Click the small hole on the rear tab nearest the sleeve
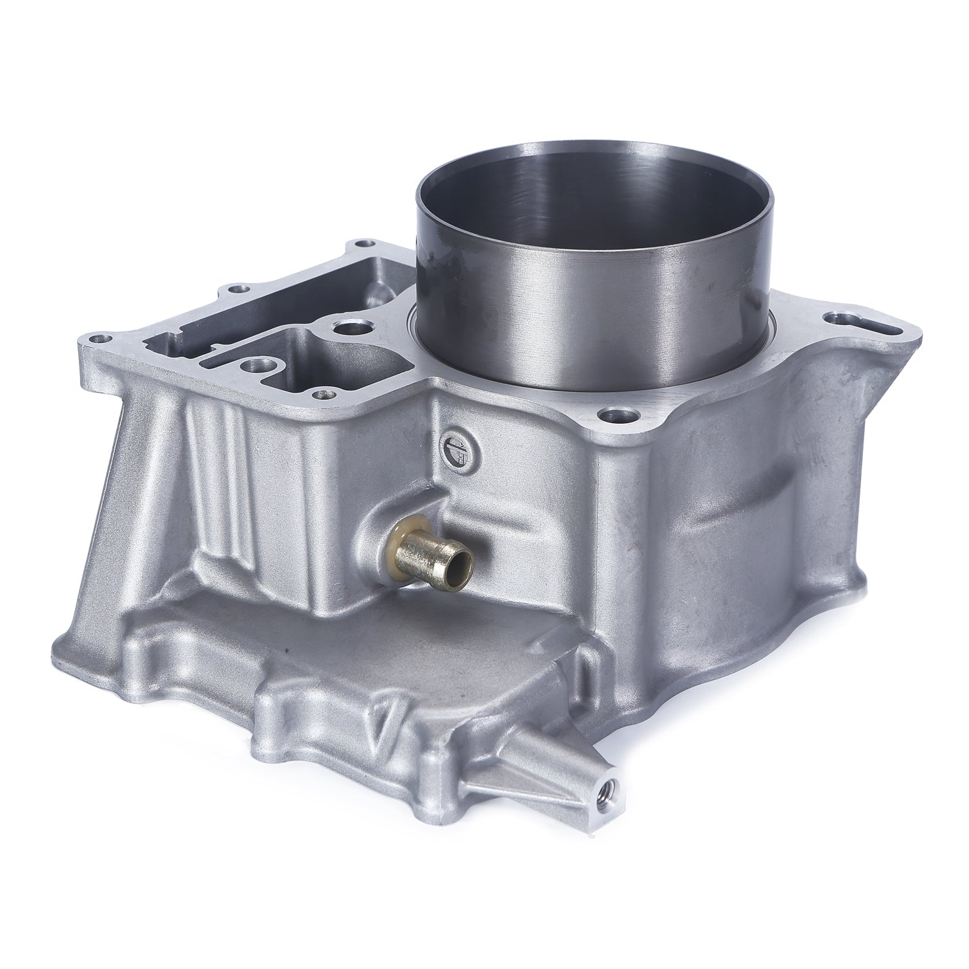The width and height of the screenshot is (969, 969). (x=369, y=244)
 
